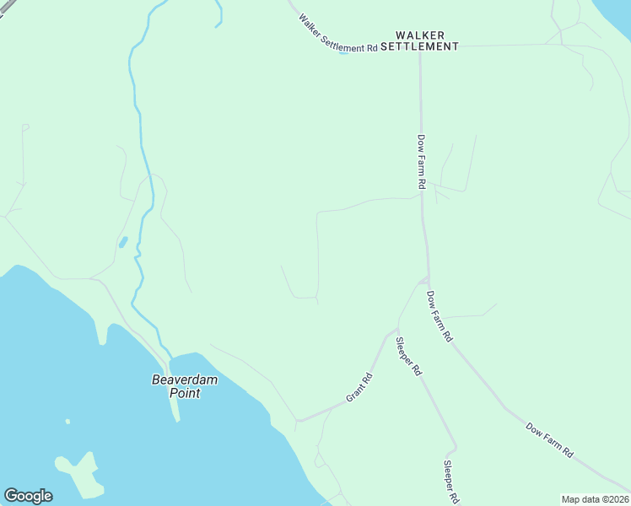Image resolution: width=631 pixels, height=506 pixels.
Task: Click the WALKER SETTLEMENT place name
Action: click(x=419, y=40)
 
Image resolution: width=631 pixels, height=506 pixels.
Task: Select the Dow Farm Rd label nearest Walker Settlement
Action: click(x=421, y=161)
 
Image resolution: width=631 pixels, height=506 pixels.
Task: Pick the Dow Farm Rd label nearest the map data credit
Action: click(x=549, y=439)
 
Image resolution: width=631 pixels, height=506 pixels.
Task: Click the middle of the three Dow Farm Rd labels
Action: click(x=439, y=316)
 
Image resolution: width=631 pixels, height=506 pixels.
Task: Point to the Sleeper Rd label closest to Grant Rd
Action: click(x=408, y=356)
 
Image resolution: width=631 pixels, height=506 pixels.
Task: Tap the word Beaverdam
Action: click(x=184, y=380)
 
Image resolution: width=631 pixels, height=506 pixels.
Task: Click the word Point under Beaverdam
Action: click(x=184, y=393)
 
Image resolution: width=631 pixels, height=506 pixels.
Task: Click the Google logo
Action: click(x=28, y=496)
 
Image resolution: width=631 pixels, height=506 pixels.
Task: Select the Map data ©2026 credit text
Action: click(x=595, y=499)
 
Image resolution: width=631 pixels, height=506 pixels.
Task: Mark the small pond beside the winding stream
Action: click(x=123, y=242)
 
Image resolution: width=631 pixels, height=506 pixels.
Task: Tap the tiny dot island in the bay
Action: click(x=67, y=422)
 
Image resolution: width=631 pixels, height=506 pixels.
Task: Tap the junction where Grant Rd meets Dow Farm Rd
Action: click(x=426, y=279)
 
